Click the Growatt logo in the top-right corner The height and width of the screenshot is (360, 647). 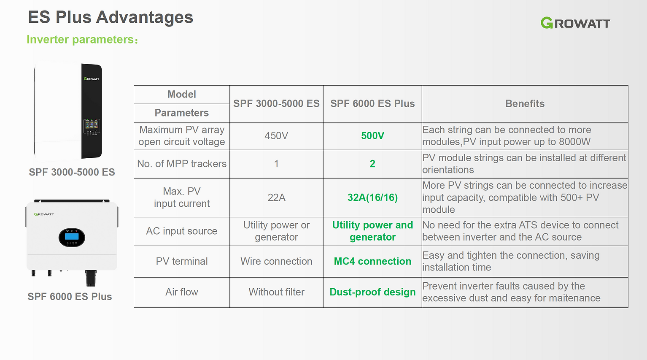[575, 23]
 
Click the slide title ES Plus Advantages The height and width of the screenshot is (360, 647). [111, 17]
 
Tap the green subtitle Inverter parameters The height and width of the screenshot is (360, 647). [82, 40]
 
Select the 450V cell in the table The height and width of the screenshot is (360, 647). [276, 136]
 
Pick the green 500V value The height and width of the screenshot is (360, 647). [372, 136]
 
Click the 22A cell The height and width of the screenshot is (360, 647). [276, 198]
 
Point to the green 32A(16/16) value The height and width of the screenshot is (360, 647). [372, 198]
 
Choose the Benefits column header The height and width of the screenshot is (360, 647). [525, 103]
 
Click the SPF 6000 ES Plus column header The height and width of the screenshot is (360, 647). [372, 103]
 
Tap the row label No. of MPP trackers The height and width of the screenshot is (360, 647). [182, 164]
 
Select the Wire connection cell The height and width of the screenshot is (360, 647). [276, 261]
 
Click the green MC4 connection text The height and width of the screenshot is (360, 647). [372, 261]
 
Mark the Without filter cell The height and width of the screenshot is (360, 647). [276, 292]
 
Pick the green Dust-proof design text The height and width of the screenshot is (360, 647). [372, 292]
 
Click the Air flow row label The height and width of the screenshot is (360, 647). [182, 292]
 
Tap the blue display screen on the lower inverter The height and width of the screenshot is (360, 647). [72, 236]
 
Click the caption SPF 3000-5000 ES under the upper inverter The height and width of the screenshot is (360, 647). [72, 172]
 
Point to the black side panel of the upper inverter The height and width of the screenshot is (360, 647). [91, 111]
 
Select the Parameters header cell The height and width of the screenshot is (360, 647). [182, 113]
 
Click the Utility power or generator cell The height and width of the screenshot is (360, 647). [276, 231]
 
